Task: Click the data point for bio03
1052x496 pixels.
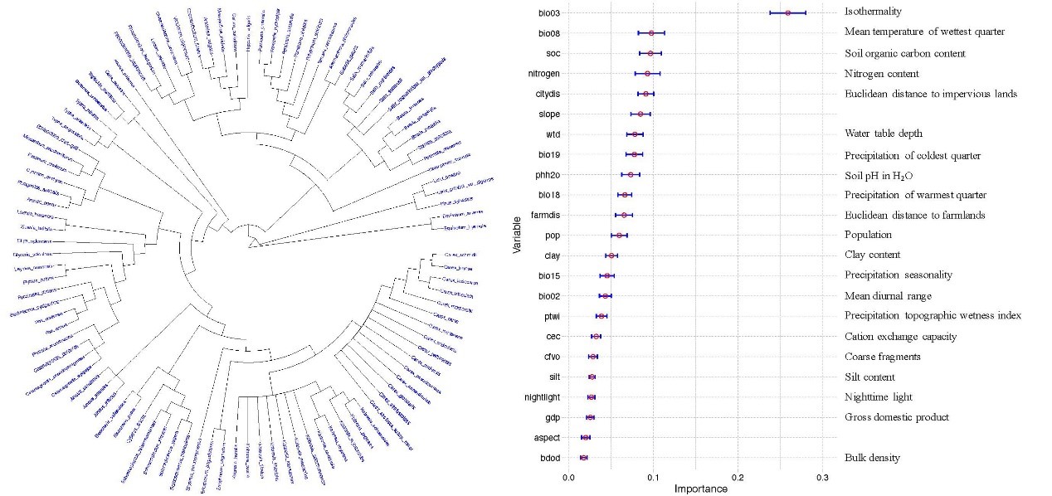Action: tap(788, 12)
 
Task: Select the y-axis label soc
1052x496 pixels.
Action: tap(548, 53)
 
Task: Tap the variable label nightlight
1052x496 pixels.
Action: tap(542, 397)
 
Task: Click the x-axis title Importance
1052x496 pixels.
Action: tap(700, 489)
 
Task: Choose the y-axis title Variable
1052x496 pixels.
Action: tap(517, 235)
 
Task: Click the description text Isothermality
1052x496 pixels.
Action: tap(873, 12)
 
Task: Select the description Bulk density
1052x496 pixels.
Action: tap(872, 458)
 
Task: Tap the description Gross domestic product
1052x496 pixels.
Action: tap(896, 417)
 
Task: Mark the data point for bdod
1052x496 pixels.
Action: tap(583, 458)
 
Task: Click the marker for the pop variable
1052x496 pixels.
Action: tap(619, 236)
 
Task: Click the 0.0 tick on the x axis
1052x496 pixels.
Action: tap(569, 478)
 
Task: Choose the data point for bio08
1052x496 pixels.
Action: tap(651, 33)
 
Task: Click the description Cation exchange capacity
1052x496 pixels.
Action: tap(900, 337)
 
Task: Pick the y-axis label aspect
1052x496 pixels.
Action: tap(546, 438)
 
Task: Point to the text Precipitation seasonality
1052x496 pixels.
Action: tap(899, 275)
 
